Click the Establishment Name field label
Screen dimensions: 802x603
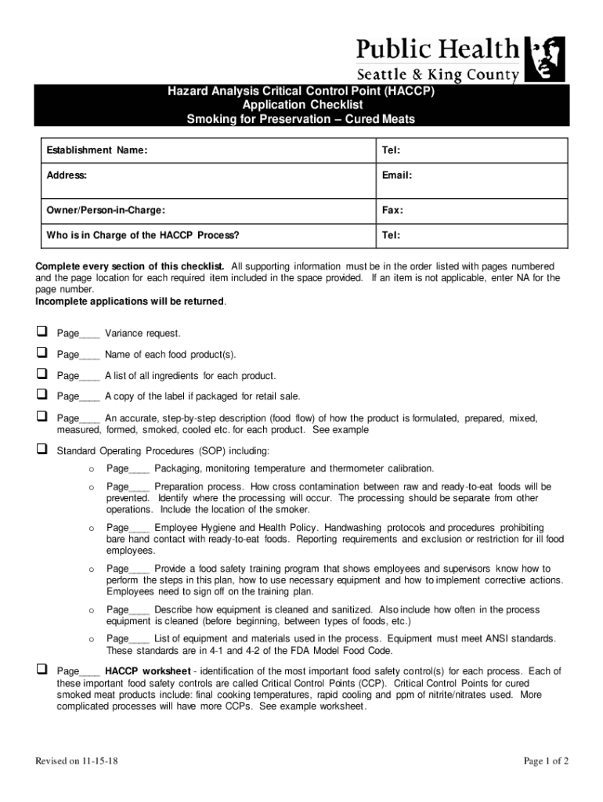(x=97, y=150)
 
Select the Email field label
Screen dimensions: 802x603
(x=397, y=175)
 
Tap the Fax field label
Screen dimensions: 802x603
(x=392, y=211)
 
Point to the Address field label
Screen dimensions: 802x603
(x=67, y=175)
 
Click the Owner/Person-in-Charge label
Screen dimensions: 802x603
(x=106, y=211)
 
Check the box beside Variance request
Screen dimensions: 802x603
(x=41, y=333)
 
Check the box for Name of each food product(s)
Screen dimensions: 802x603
(x=41, y=354)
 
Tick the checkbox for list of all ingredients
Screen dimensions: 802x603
(x=41, y=375)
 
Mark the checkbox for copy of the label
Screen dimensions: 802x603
(x=41, y=396)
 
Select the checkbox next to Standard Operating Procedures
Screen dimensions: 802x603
(x=41, y=450)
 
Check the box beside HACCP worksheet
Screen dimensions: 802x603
(x=41, y=670)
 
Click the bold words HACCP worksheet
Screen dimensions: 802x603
(x=148, y=671)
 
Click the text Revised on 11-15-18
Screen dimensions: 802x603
(x=77, y=761)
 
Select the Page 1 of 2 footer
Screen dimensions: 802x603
(x=546, y=761)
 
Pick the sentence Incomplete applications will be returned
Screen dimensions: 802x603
(x=131, y=302)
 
